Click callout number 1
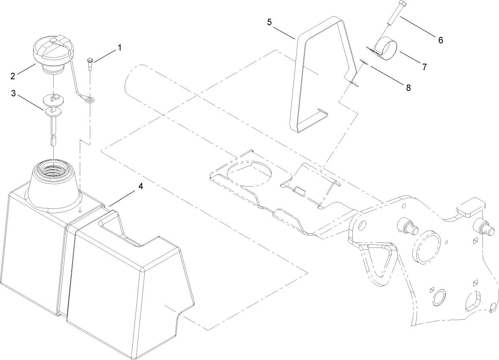tap(119, 48)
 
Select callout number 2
tap(13, 75)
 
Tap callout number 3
tap(13, 94)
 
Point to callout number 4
tap(140, 186)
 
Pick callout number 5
tap(269, 21)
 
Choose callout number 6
tap(440, 40)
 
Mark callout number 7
tap(424, 67)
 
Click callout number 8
tap(408, 88)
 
